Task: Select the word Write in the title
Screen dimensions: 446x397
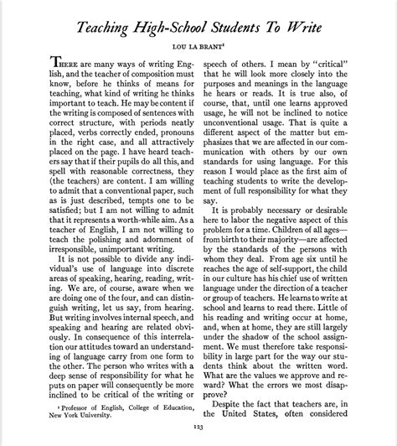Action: [307, 29]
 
